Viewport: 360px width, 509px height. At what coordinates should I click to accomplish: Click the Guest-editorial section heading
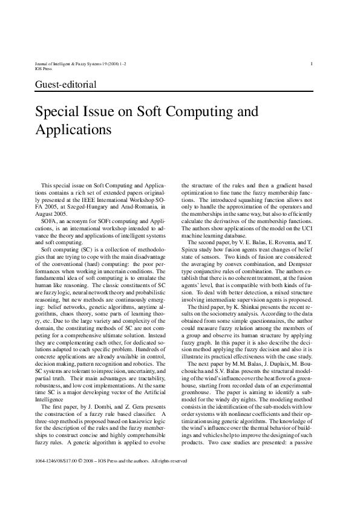click(67, 85)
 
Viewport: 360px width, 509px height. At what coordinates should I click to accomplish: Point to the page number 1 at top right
click(311, 63)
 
